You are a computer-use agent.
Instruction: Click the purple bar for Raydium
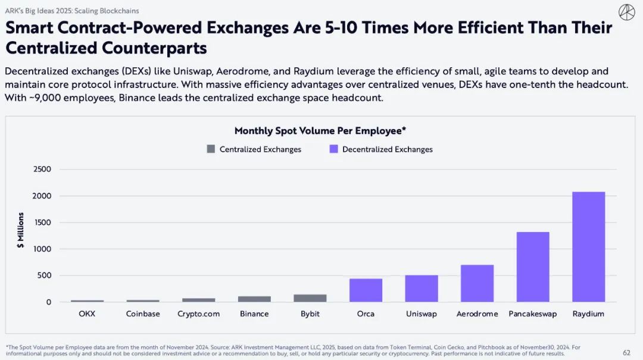click(x=588, y=247)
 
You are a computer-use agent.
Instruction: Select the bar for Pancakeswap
click(x=533, y=267)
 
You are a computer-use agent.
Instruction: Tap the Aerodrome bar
click(x=477, y=284)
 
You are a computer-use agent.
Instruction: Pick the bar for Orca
click(x=366, y=290)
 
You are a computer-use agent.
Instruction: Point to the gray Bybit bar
click(x=310, y=298)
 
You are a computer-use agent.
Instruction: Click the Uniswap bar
click(x=422, y=289)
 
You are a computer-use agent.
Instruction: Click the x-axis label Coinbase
click(x=143, y=314)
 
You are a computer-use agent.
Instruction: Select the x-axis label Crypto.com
click(x=198, y=314)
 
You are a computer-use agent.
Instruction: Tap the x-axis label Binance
click(x=254, y=314)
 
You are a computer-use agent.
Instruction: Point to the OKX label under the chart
click(x=87, y=314)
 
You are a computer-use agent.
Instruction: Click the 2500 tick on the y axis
click(x=42, y=170)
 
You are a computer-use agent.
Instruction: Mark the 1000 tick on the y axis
click(x=42, y=249)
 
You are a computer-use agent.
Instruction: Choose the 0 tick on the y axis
click(x=48, y=302)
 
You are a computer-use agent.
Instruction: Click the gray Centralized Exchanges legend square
click(x=211, y=149)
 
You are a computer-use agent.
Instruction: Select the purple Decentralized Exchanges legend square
click(x=333, y=149)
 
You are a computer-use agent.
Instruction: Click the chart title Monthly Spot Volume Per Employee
click(x=320, y=131)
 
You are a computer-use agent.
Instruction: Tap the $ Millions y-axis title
click(x=21, y=230)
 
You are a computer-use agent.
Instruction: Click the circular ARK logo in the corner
click(x=626, y=12)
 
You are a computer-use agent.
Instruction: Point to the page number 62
click(x=626, y=352)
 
